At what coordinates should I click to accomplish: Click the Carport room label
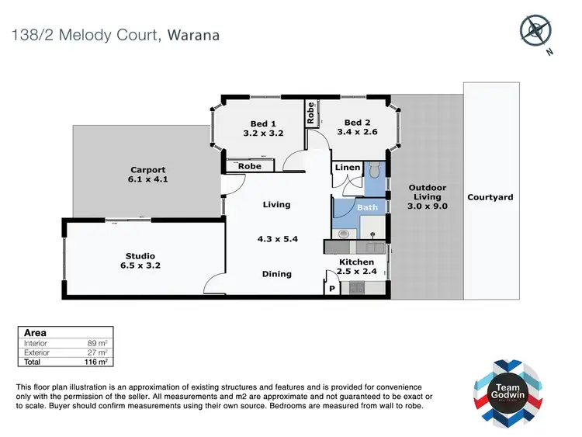click(x=147, y=175)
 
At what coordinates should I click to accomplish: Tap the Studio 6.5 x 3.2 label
click(x=140, y=261)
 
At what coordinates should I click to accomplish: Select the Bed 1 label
click(x=263, y=128)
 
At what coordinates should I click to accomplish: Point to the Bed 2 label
click(x=357, y=127)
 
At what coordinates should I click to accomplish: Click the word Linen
click(x=347, y=168)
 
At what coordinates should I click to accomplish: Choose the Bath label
click(x=367, y=207)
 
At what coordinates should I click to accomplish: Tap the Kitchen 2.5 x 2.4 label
click(x=356, y=267)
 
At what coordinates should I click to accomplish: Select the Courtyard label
click(x=490, y=197)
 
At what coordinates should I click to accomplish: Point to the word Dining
click(x=276, y=274)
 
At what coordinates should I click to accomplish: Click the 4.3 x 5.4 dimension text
click(x=276, y=240)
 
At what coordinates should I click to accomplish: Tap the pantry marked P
click(x=332, y=289)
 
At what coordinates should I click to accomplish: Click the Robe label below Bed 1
click(x=249, y=166)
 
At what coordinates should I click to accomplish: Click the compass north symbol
click(x=535, y=32)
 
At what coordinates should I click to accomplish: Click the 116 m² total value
click(x=96, y=362)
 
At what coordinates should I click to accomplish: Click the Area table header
click(x=36, y=332)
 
